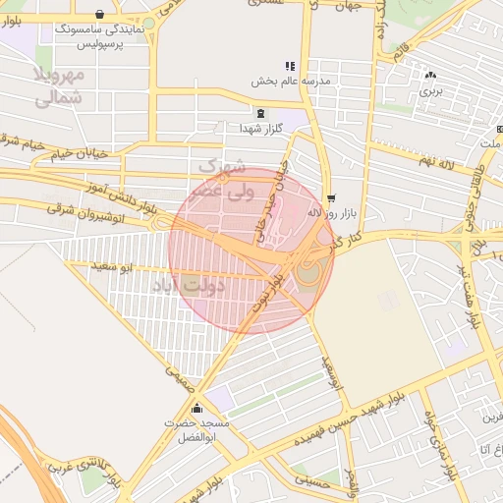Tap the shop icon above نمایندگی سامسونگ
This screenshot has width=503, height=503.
pyautogui.click(x=99, y=15)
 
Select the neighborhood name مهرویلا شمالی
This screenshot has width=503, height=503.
pyautogui.click(x=59, y=86)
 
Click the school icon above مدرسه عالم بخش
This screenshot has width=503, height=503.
pyautogui.click(x=290, y=66)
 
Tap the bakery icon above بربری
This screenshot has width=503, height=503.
pyautogui.click(x=431, y=75)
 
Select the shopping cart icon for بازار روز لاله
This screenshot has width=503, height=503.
pyautogui.click(x=330, y=196)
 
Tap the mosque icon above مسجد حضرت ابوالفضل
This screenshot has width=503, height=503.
pyautogui.click(x=198, y=409)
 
